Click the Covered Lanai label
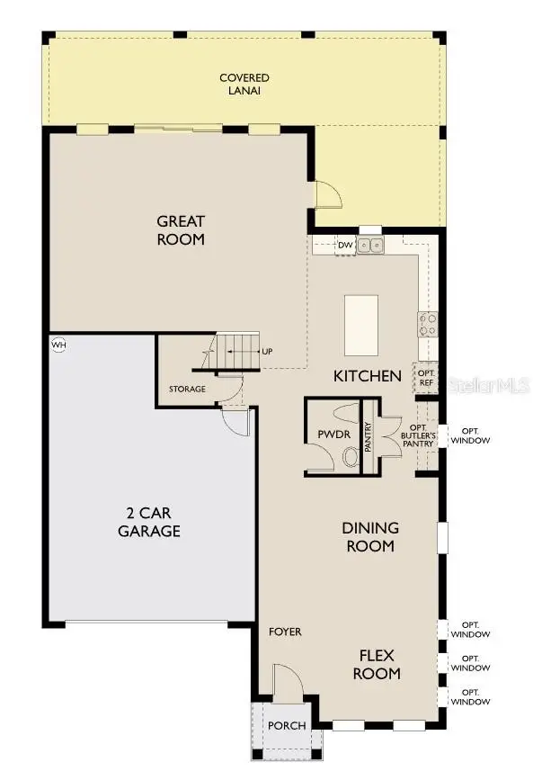pyautogui.click(x=244, y=85)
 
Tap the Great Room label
pyautogui.click(x=181, y=230)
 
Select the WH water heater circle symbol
pyautogui.click(x=59, y=345)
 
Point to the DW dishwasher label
pyautogui.click(x=344, y=245)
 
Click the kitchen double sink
pyautogui.click(x=369, y=245)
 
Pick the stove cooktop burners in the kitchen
pyautogui.click(x=426, y=322)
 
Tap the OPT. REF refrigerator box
pyautogui.click(x=425, y=379)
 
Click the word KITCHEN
pyautogui.click(x=368, y=376)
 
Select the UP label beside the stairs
pyautogui.click(x=267, y=351)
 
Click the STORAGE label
pyautogui.click(x=187, y=390)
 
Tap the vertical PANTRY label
pyautogui.click(x=369, y=435)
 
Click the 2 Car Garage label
pyautogui.click(x=149, y=522)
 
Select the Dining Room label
pyautogui.click(x=369, y=536)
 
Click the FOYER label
pyautogui.click(x=285, y=632)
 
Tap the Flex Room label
pyautogui.click(x=376, y=664)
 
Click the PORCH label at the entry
pyautogui.click(x=287, y=726)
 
